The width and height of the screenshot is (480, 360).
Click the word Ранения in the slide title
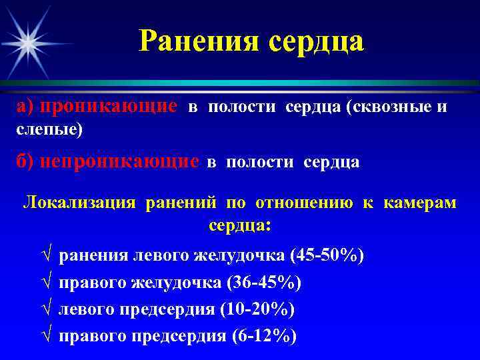199,42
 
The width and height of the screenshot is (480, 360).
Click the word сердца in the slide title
316,42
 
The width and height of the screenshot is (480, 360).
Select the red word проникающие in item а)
109,107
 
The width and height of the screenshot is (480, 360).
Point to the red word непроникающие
120,161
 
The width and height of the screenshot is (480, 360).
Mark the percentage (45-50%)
327,255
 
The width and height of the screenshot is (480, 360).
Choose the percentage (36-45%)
264,283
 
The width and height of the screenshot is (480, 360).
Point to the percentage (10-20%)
257,309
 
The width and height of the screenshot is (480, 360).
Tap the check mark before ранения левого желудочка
45,256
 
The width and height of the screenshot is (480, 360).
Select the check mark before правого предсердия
45,337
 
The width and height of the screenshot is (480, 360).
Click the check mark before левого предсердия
45,310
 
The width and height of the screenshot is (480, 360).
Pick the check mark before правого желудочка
45,283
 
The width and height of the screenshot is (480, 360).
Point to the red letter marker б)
25,161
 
